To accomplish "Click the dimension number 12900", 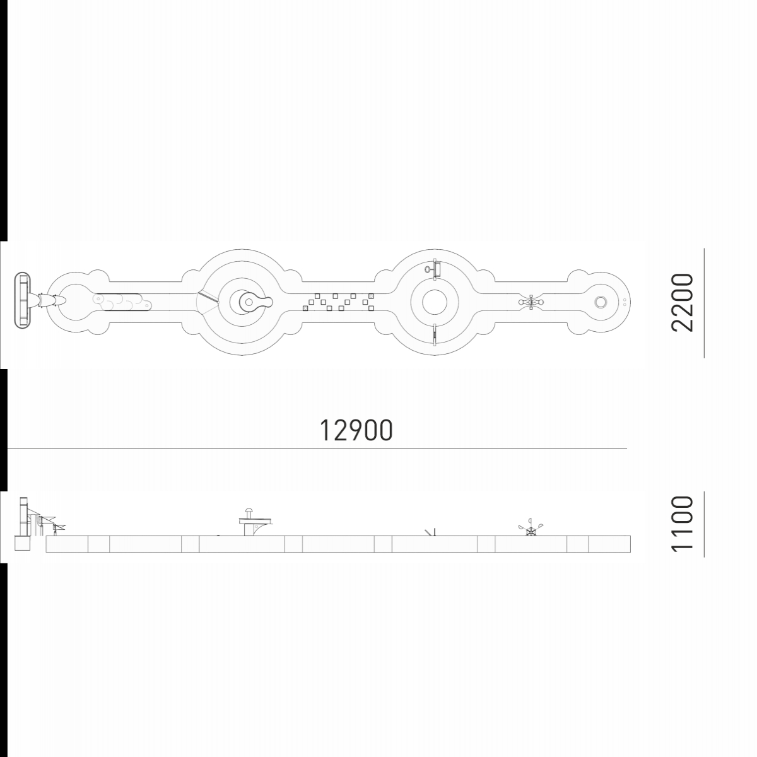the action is coord(356,430).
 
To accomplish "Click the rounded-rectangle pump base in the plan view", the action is coord(22,300).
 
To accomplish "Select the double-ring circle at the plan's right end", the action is coord(601,302).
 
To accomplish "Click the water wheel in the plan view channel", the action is coord(531,302).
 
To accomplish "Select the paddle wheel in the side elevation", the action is coord(531,527).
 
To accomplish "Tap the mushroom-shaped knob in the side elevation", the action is coord(249,512).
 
